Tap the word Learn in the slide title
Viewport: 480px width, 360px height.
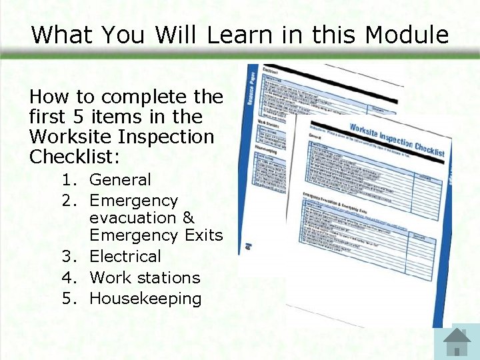coord(233,35)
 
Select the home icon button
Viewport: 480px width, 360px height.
coord(457,342)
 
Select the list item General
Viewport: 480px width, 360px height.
coord(120,180)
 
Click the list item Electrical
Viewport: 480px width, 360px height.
coord(125,257)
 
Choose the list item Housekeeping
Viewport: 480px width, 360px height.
coord(145,299)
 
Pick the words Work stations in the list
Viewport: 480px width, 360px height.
coord(145,277)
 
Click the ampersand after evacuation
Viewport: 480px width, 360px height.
coord(188,218)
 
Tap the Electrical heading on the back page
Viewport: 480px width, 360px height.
coord(270,69)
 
